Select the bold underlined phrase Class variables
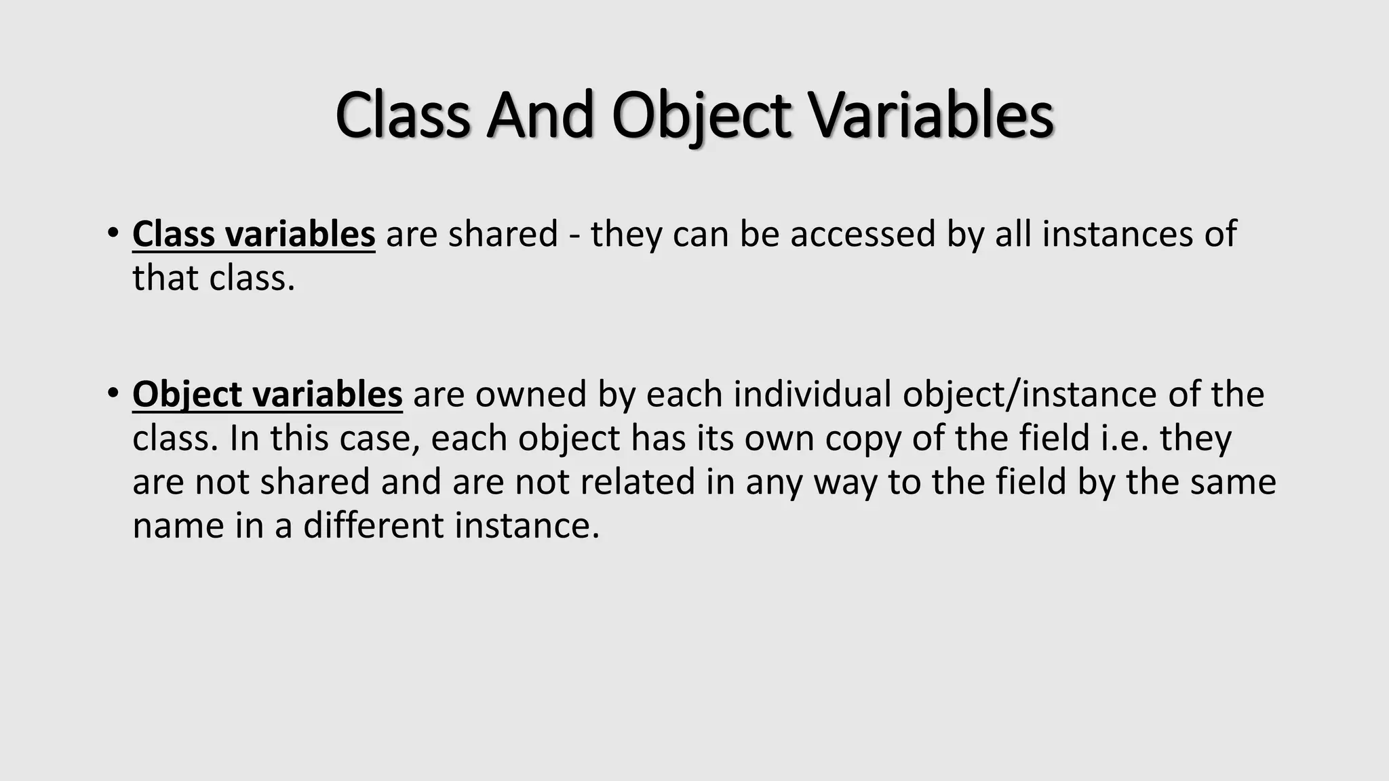point(254,235)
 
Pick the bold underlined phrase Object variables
point(267,395)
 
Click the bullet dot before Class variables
point(113,233)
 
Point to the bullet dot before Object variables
point(113,393)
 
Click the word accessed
point(862,235)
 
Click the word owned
point(530,395)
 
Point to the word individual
point(813,395)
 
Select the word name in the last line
point(178,526)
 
